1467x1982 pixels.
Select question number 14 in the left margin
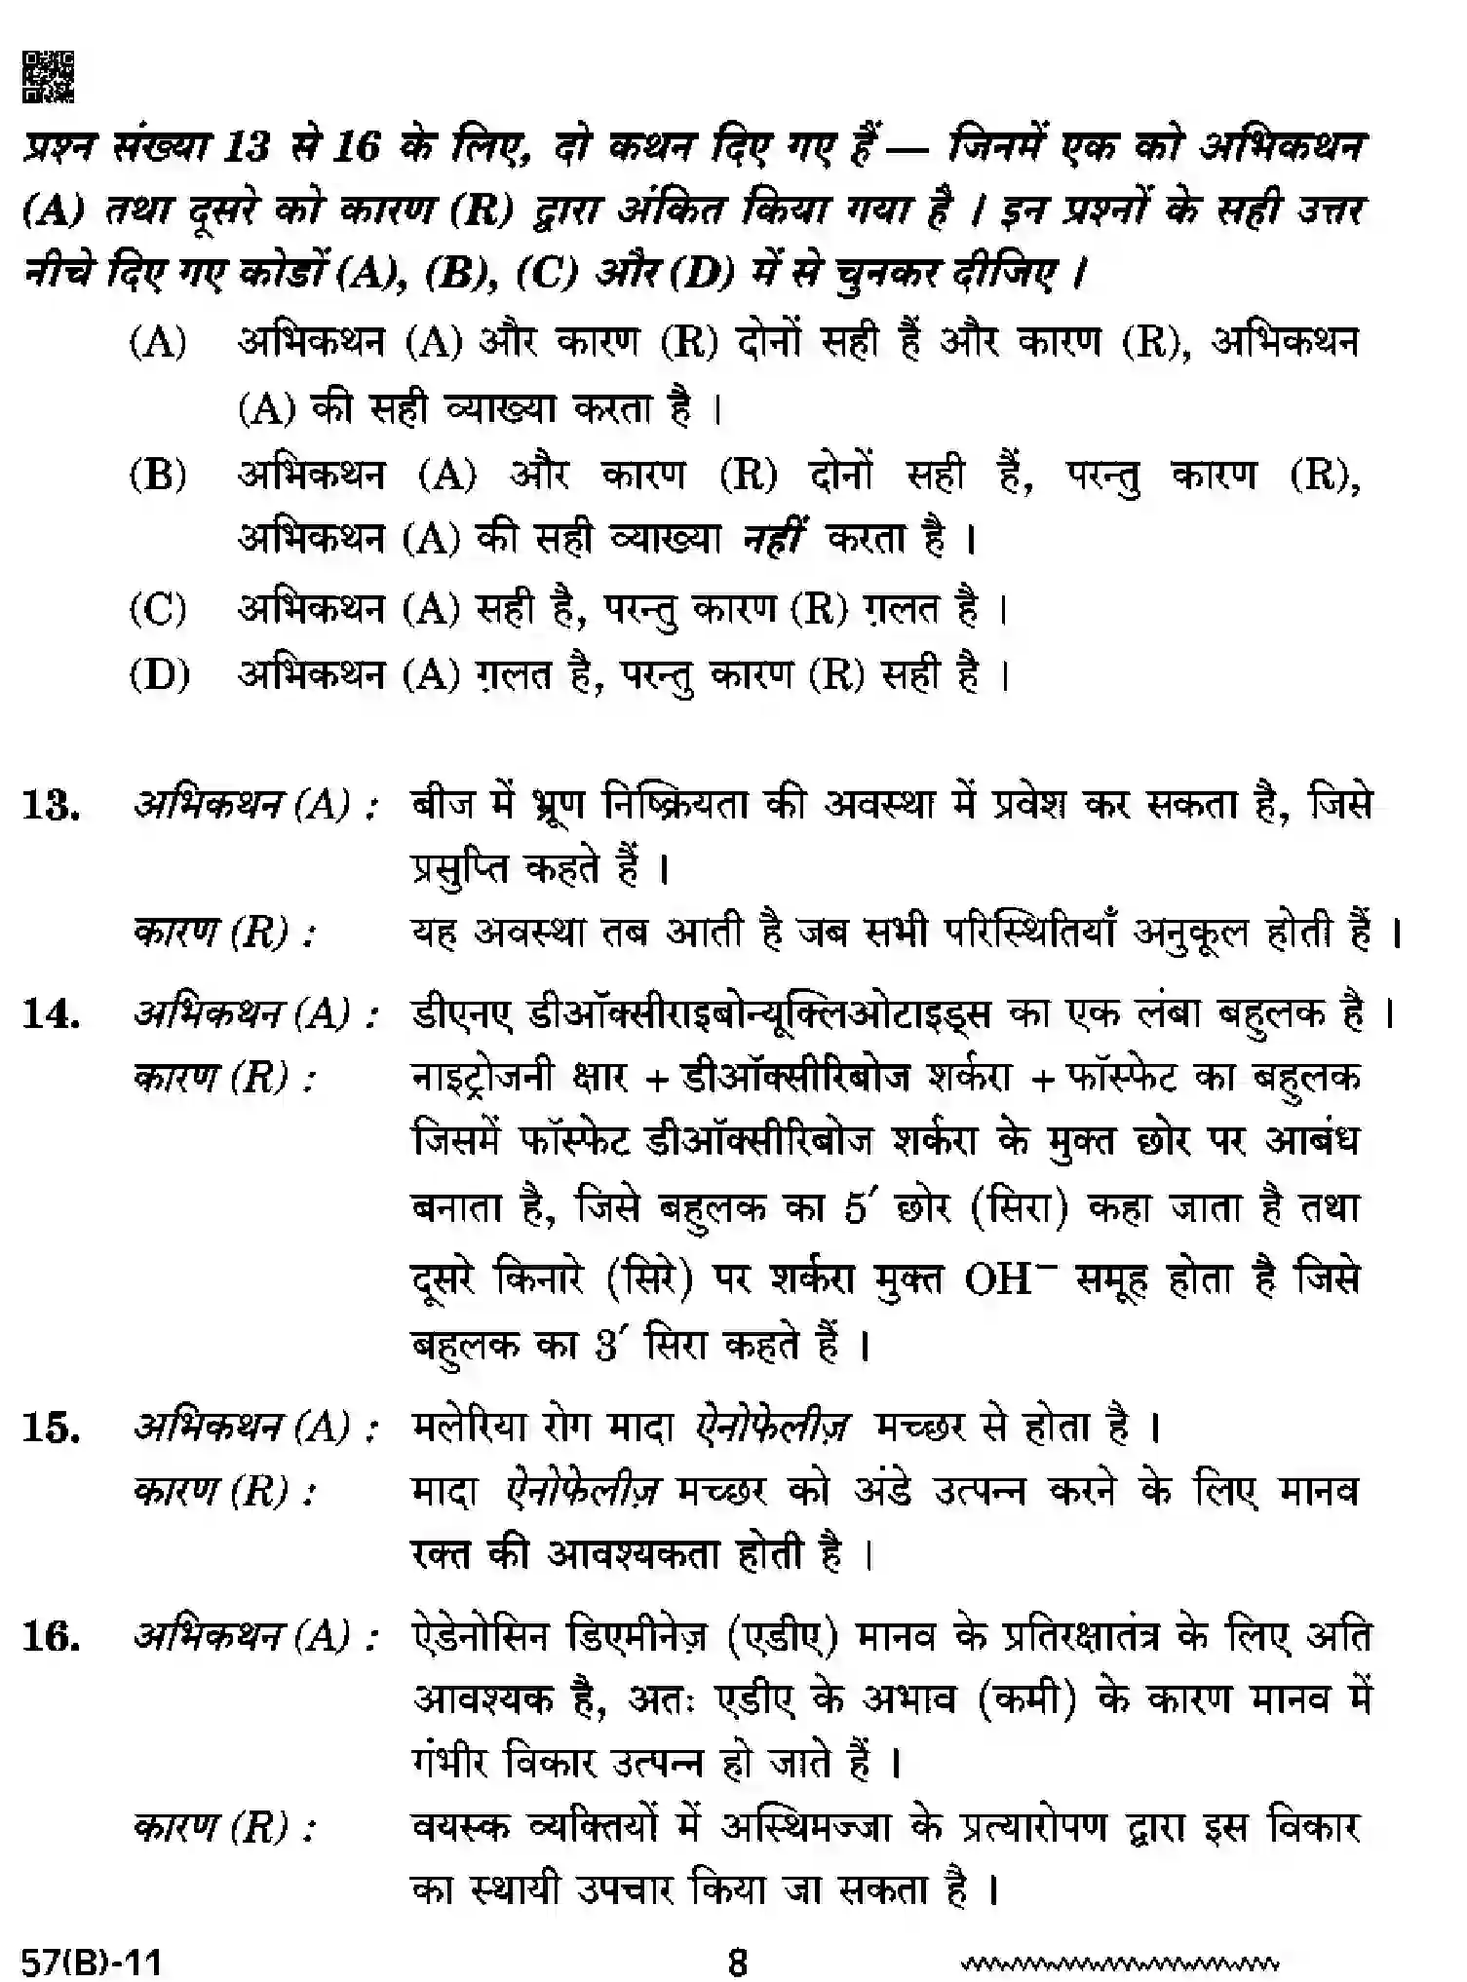click(51, 1015)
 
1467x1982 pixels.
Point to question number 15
click(51, 1429)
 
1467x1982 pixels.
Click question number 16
click(51, 1637)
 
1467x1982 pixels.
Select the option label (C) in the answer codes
click(158, 610)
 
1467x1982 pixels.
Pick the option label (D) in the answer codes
click(159, 675)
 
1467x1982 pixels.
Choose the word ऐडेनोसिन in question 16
click(479, 1637)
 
